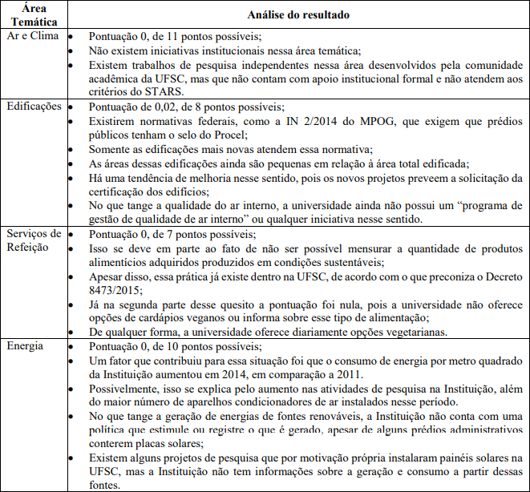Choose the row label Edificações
pos(34,106)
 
